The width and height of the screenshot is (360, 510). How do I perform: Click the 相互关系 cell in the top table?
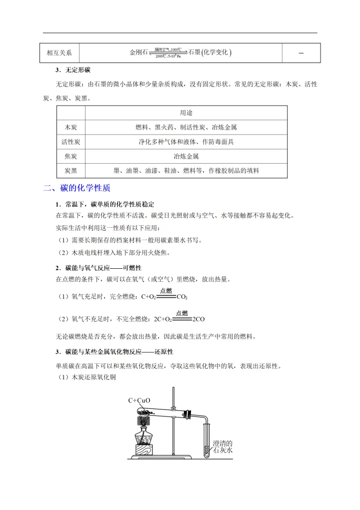(59, 53)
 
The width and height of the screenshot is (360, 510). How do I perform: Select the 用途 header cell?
(186, 113)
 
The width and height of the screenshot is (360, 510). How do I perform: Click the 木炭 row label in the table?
(70, 128)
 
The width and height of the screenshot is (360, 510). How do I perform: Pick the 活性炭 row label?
(70, 142)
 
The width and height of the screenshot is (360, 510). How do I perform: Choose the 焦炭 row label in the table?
(70, 156)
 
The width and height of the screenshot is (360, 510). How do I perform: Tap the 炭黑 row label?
(70, 171)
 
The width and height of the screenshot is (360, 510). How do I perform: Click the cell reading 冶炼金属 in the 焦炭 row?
(186, 156)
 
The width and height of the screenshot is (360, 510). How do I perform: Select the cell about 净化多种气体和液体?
(186, 142)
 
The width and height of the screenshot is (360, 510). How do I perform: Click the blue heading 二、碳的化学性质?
(77, 188)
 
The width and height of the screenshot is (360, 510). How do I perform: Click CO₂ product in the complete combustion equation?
(182, 297)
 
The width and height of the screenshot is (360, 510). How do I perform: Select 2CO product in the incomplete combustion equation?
(199, 319)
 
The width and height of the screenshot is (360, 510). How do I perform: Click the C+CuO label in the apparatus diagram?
(139, 400)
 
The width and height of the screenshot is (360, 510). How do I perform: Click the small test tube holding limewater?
(206, 438)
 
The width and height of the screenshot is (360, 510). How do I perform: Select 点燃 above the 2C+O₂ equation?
(182, 313)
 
